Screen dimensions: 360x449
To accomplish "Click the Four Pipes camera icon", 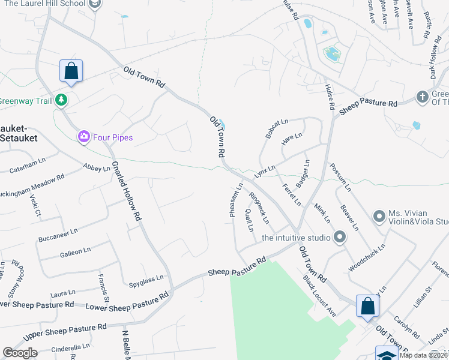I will (84, 137).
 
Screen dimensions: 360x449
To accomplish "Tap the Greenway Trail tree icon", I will (61, 100).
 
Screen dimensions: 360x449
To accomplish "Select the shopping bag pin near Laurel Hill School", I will (71, 71).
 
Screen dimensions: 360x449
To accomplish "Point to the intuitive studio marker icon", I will (339, 238).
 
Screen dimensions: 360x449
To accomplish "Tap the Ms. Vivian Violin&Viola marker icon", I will (379, 215).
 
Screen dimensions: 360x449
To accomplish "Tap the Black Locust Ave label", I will (319, 296).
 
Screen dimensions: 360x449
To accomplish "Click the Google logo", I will (20, 353).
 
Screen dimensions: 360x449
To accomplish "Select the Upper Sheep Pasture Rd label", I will (65, 332).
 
